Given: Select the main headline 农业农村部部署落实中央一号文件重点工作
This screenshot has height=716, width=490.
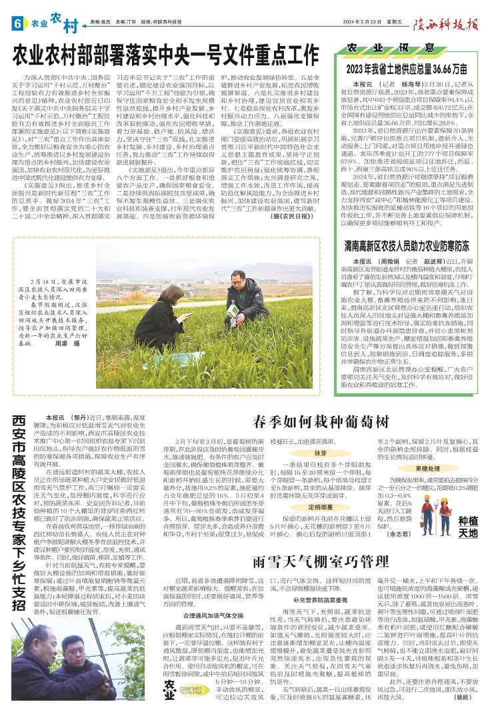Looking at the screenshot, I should point(167,54).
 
